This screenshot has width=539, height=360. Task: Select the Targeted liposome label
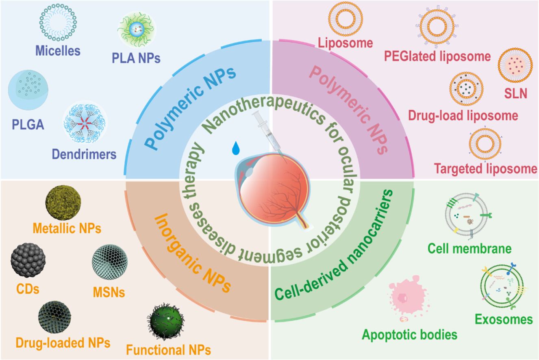[485, 168]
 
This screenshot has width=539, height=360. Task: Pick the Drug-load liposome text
[463, 116]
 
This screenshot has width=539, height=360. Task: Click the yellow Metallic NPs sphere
[63, 202]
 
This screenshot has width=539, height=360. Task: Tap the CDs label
[28, 289]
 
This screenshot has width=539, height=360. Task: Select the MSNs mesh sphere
[110, 261]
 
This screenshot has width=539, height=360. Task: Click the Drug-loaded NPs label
[63, 343]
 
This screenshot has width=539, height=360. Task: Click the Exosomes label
[504, 319]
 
